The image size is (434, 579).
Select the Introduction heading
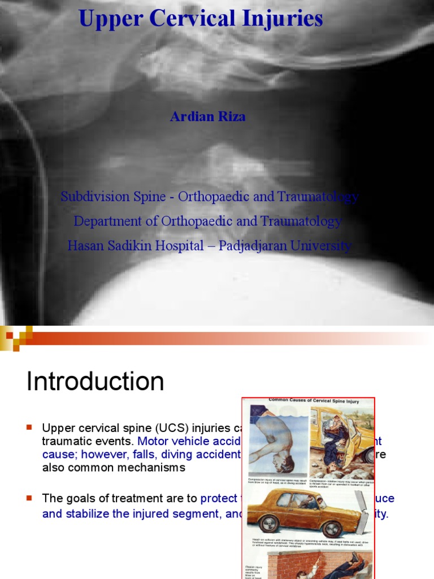[95, 382]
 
